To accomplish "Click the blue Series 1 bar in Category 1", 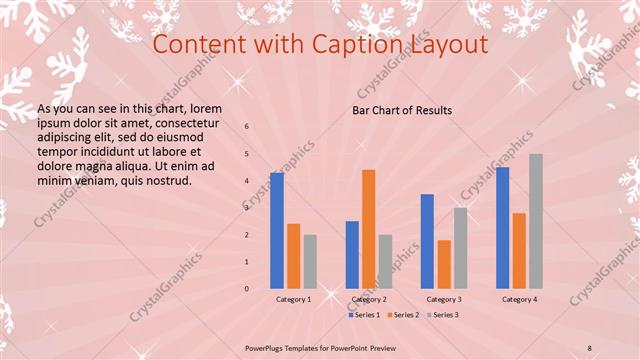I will coord(277,231).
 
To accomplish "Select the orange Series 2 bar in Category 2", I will coord(369,229).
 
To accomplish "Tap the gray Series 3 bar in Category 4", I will coord(536,221).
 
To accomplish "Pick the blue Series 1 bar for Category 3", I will coord(427,241).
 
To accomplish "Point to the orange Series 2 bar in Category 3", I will coord(444,264).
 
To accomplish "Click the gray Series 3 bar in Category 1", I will coord(310,261).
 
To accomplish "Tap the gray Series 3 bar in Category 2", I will coord(386,261).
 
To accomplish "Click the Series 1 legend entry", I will coord(364,315).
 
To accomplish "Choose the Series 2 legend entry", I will coord(403,315).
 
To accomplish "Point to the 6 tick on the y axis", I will coord(247,127).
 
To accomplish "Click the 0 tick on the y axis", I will coord(247,289).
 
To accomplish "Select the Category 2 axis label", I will coord(369,299).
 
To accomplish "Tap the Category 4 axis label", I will coord(519,299).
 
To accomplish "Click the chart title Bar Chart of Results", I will coord(402,110).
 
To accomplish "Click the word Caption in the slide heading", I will coord(354,45).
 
